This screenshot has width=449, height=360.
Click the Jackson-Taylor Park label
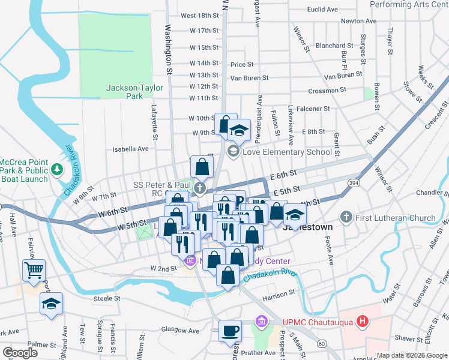pos(134,92)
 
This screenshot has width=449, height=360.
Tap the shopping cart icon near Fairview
pos(34,270)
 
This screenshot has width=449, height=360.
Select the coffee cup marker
pos(230,331)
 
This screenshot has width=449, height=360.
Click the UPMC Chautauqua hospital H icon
pos(362,322)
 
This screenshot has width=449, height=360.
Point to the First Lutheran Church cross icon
pos(346,217)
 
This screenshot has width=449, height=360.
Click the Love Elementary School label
pos(287,152)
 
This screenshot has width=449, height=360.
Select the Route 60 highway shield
pos(322,343)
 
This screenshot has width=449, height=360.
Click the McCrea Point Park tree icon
pos(58,169)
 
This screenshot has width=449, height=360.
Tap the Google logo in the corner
pos(20,352)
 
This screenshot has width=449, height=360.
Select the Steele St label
pos(107,298)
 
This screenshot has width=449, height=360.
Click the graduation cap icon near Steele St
pos(52,304)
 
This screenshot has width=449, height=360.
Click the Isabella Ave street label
pos(130,149)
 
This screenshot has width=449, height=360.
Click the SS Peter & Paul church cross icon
pos(200,188)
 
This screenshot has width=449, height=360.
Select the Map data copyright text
pos(412,355)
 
